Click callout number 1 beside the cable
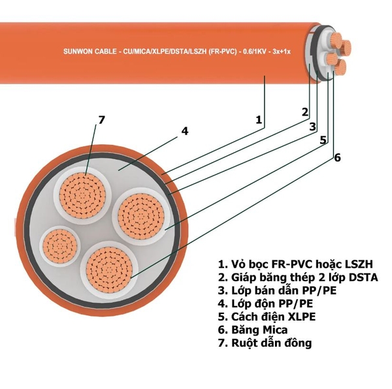[259, 119]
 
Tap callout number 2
[304, 112]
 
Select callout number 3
[313, 126]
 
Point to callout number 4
[185, 131]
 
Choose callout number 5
[323, 139]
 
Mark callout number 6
[337, 157]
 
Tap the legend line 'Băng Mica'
[252, 330]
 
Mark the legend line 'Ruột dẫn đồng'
[265, 343]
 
